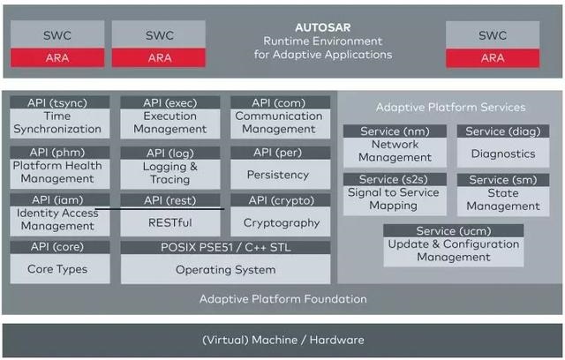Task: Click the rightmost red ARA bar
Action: click(x=493, y=58)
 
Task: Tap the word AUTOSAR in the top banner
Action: click(x=323, y=27)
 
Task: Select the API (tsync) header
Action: click(x=60, y=102)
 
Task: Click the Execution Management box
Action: click(x=170, y=124)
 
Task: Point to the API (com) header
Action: click(x=281, y=102)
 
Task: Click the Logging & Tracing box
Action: click(x=170, y=174)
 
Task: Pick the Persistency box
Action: click(x=281, y=174)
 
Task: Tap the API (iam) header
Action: click(x=60, y=199)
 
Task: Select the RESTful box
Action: click(x=170, y=221)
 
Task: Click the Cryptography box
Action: click(x=281, y=221)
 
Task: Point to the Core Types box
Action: click(x=60, y=268)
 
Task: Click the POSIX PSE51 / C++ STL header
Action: click(x=226, y=247)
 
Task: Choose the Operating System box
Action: click(x=226, y=269)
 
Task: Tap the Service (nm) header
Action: click(x=395, y=131)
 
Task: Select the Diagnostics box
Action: click(x=503, y=153)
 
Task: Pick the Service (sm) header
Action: click(x=503, y=180)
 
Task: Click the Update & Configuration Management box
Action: click(x=454, y=251)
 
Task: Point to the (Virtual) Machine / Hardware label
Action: click(x=283, y=340)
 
